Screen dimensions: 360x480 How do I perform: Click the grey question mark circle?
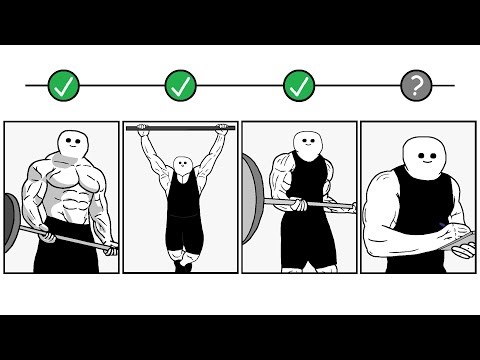415,86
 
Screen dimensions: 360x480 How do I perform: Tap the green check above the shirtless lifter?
62,86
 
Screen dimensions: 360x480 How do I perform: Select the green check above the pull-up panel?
180,86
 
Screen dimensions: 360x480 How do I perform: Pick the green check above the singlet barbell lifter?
298,86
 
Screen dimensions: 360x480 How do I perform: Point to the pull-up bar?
180,128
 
